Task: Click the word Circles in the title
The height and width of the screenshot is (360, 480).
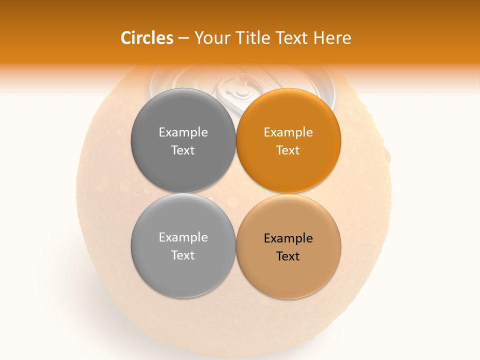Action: [147, 38]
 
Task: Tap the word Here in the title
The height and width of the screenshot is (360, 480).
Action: [333, 38]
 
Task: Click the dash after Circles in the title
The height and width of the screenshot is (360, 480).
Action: [183, 38]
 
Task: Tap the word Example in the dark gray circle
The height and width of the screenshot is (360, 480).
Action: [183, 132]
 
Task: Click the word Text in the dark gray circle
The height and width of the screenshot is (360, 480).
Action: [183, 150]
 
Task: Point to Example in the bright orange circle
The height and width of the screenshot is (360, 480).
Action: [288, 132]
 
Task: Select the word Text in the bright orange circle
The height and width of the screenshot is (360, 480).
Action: [288, 150]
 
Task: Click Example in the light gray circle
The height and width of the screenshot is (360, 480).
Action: [183, 237]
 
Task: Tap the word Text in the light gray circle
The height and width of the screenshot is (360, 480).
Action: [183, 255]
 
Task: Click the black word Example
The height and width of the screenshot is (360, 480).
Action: [288, 238]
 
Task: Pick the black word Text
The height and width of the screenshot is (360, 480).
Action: [288, 256]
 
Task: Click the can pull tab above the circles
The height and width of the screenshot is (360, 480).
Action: [238, 87]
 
